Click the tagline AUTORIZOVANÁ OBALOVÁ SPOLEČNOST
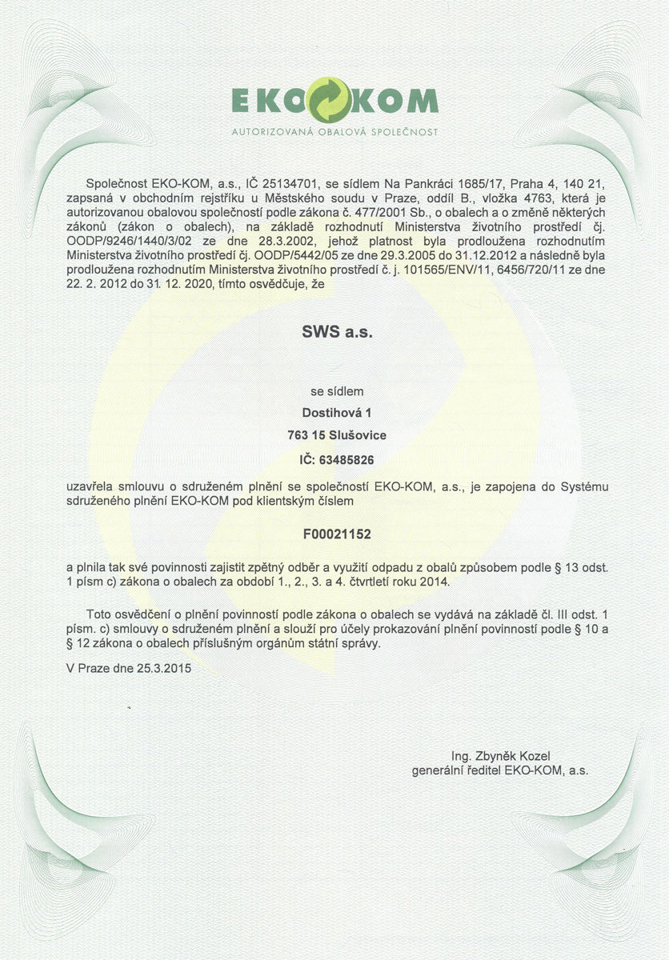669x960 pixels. [x=334, y=130]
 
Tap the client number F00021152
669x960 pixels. [x=337, y=532]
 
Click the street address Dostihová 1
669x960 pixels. [x=337, y=414]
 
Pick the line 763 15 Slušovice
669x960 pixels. [x=337, y=436]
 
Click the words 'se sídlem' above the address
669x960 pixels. [x=337, y=392]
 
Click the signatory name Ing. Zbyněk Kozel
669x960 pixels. [x=501, y=756]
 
